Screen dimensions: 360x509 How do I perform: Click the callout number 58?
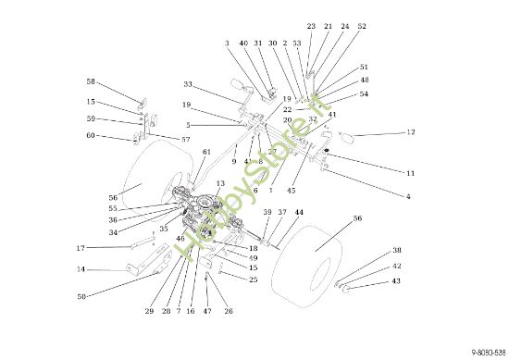91,81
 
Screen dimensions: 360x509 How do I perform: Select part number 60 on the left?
91,136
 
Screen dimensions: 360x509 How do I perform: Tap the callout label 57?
185,139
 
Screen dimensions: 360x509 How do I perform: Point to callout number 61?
206,153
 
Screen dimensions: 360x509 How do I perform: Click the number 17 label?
81,248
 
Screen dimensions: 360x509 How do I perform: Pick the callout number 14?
81,269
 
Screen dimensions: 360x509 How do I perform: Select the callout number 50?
81,296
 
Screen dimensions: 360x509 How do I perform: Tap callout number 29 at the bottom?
149,312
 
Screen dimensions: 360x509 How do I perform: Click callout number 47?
207,312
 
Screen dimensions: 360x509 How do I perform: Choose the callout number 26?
228,312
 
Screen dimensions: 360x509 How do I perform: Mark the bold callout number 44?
299,213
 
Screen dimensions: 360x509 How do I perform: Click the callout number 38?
396,251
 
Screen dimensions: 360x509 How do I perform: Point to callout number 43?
396,280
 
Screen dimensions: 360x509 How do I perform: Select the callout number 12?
411,133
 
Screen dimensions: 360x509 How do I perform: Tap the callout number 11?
410,173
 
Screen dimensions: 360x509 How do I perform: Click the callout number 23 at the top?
311,27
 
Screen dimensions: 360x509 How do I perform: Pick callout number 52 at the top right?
362,27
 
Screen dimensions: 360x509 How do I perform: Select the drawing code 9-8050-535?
487,353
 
